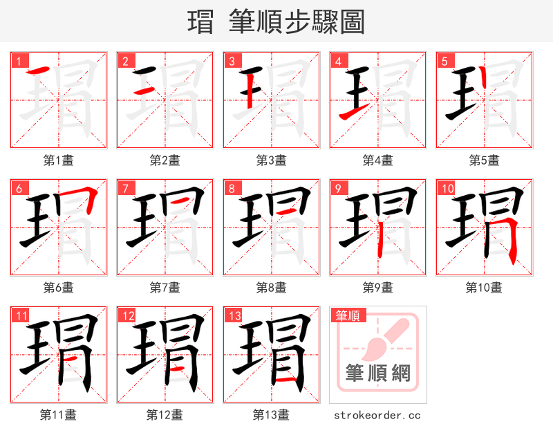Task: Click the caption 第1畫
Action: pos(59,160)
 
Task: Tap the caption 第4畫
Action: pos(378,160)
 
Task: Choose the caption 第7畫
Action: pos(165,287)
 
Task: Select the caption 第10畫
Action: pos(484,287)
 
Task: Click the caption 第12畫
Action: pos(165,415)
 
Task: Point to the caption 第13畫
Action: pos(271,415)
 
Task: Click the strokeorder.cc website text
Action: pos(377,415)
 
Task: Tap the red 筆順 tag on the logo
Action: pos(346,316)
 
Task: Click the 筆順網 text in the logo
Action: pos(377,373)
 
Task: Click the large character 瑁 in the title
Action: pos(200,22)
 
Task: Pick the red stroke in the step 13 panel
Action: pos(286,380)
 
